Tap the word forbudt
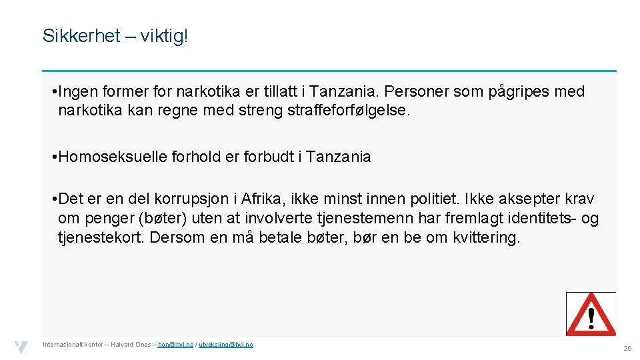265,157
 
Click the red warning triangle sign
591,314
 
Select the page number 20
627,349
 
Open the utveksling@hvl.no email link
226,344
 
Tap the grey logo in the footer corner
21,347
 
